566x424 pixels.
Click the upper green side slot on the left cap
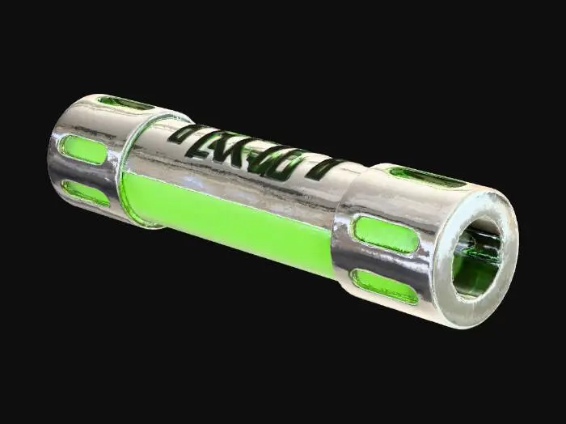[84, 150]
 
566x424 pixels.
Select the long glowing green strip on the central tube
[234, 223]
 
